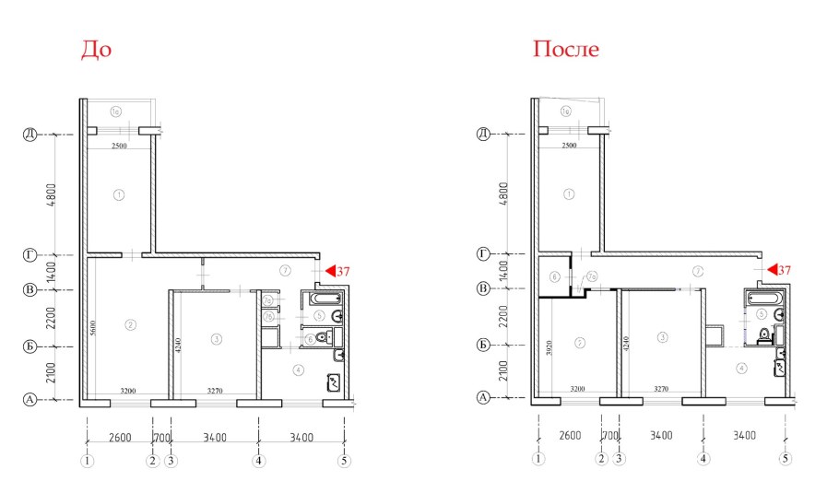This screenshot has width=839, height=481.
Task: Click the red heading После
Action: (565, 50)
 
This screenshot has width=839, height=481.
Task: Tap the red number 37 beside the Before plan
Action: (341, 272)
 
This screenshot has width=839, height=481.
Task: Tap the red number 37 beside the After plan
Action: (785, 270)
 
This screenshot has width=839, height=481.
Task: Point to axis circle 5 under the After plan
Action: (786, 457)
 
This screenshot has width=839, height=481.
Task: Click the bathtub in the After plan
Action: (765, 299)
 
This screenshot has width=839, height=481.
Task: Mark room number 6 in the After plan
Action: (554, 276)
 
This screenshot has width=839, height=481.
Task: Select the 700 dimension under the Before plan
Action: (160, 436)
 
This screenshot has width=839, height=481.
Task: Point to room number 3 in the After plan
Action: (662, 337)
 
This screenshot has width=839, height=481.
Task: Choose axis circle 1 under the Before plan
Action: (88, 459)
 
